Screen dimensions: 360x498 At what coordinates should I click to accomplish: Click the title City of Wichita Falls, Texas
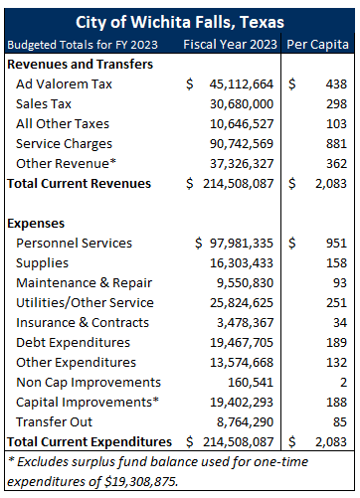[x=179, y=22]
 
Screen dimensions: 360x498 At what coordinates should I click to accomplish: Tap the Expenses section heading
[x=38, y=224]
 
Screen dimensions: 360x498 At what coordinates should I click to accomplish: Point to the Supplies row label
[x=45, y=263]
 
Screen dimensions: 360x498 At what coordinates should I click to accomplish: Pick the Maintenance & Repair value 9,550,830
[x=244, y=283]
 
